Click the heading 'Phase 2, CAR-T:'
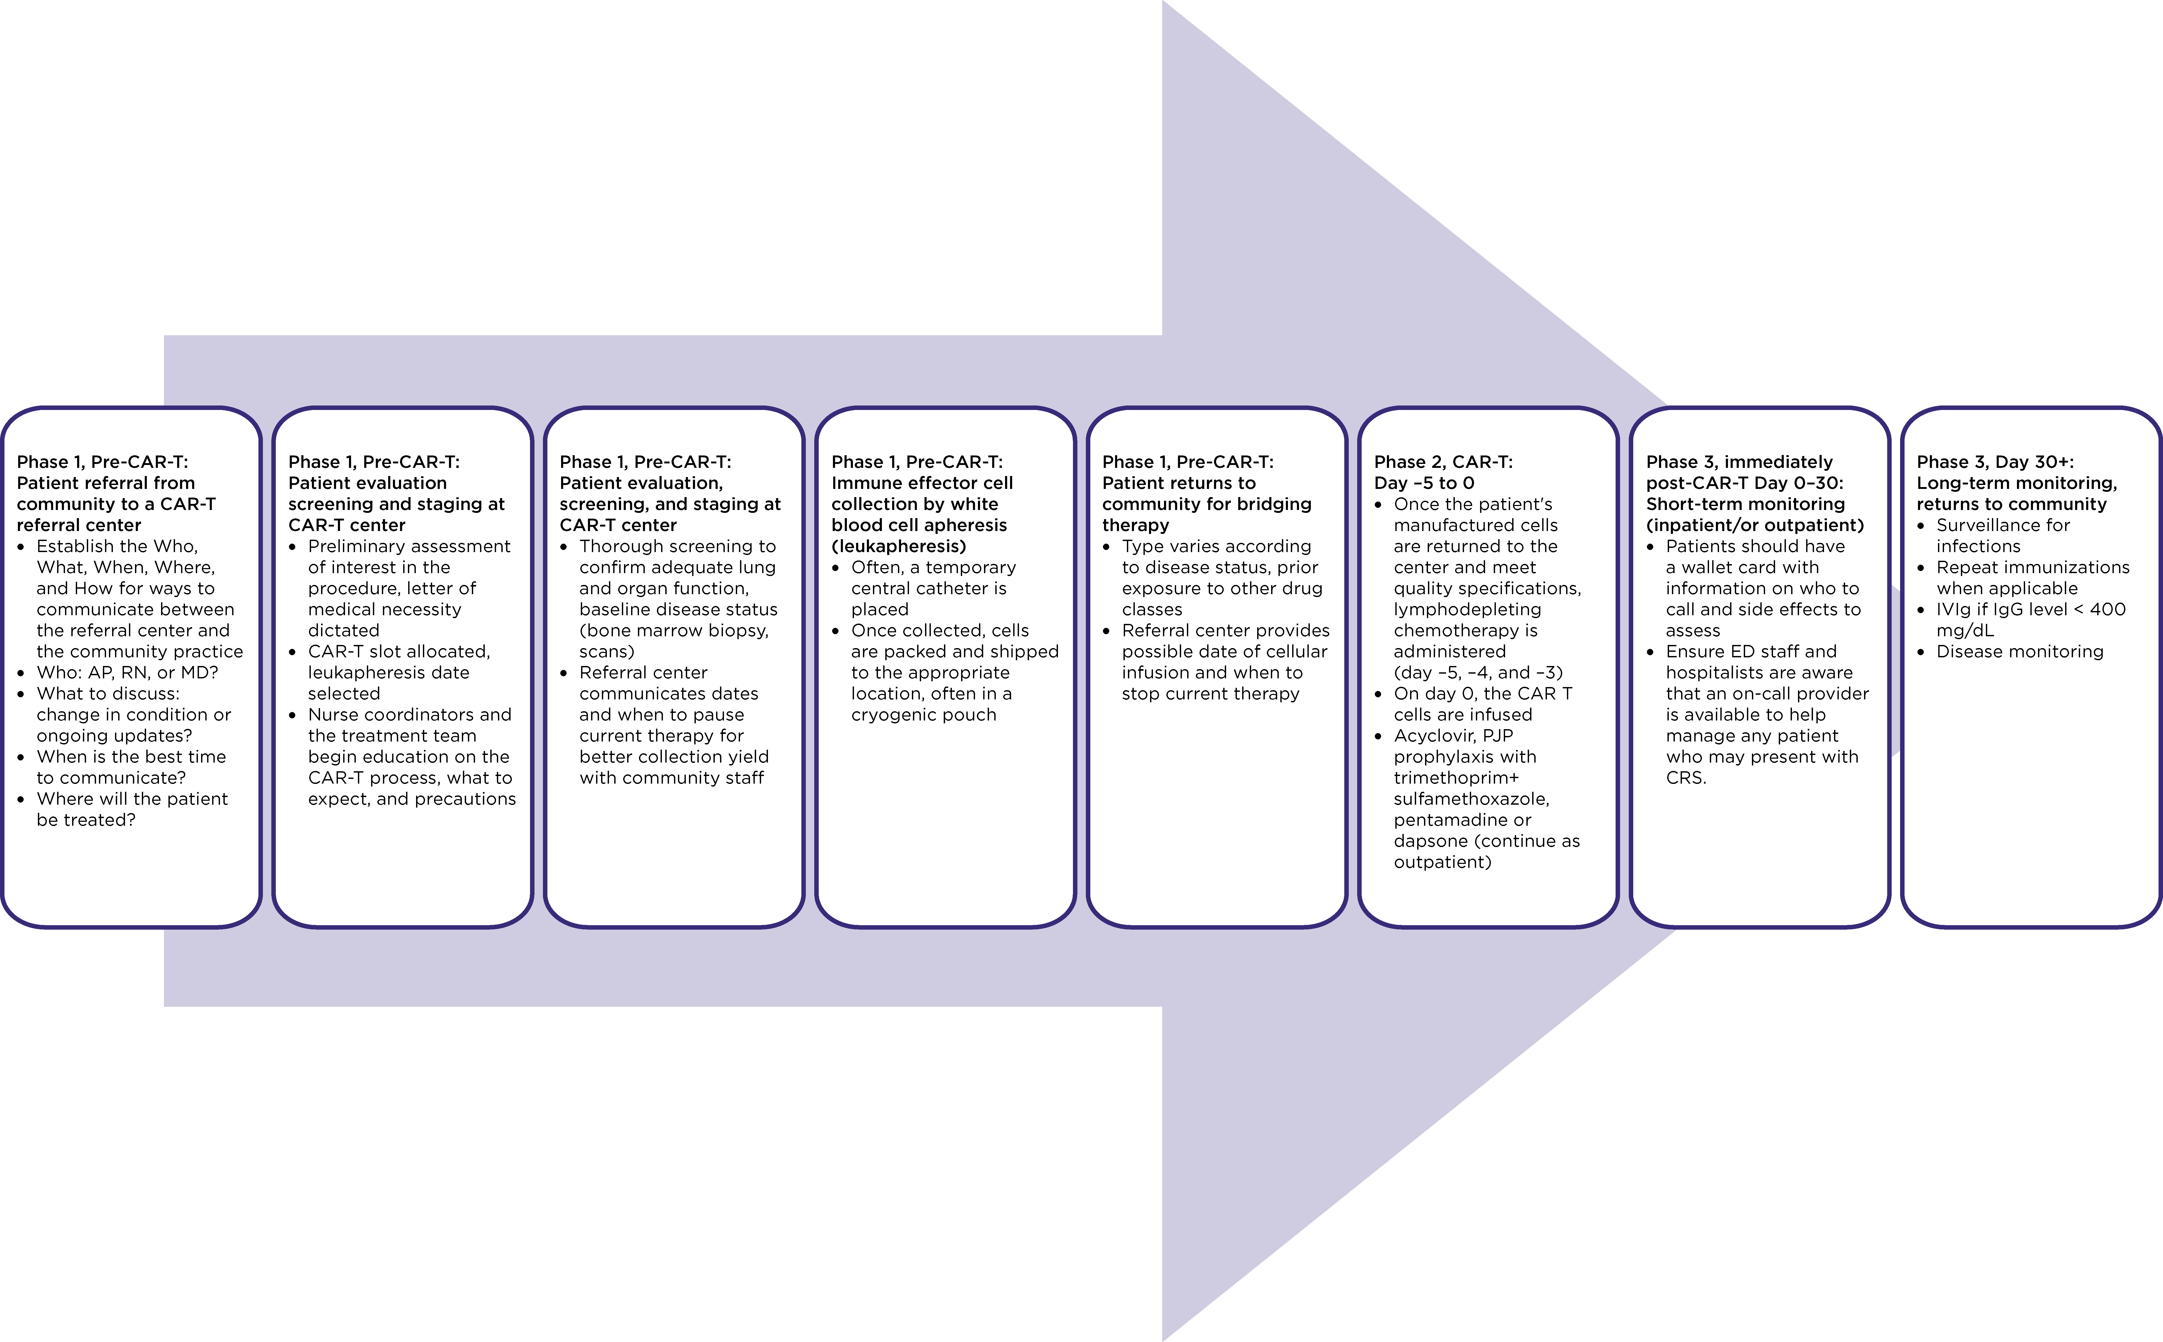click(1443, 462)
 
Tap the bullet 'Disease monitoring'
click(2020, 652)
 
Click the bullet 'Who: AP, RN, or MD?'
click(127, 672)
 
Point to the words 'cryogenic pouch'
click(924, 714)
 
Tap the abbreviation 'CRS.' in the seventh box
click(1686, 778)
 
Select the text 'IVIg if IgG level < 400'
click(2031, 609)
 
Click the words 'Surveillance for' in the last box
click(2003, 524)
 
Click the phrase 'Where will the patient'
click(132, 799)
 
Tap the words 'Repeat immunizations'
click(2032, 567)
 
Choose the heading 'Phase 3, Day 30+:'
click(1995, 462)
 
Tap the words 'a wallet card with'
click(1742, 567)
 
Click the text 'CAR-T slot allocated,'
click(398, 652)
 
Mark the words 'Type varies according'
click(1216, 546)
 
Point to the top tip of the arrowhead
click(1163, 2)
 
